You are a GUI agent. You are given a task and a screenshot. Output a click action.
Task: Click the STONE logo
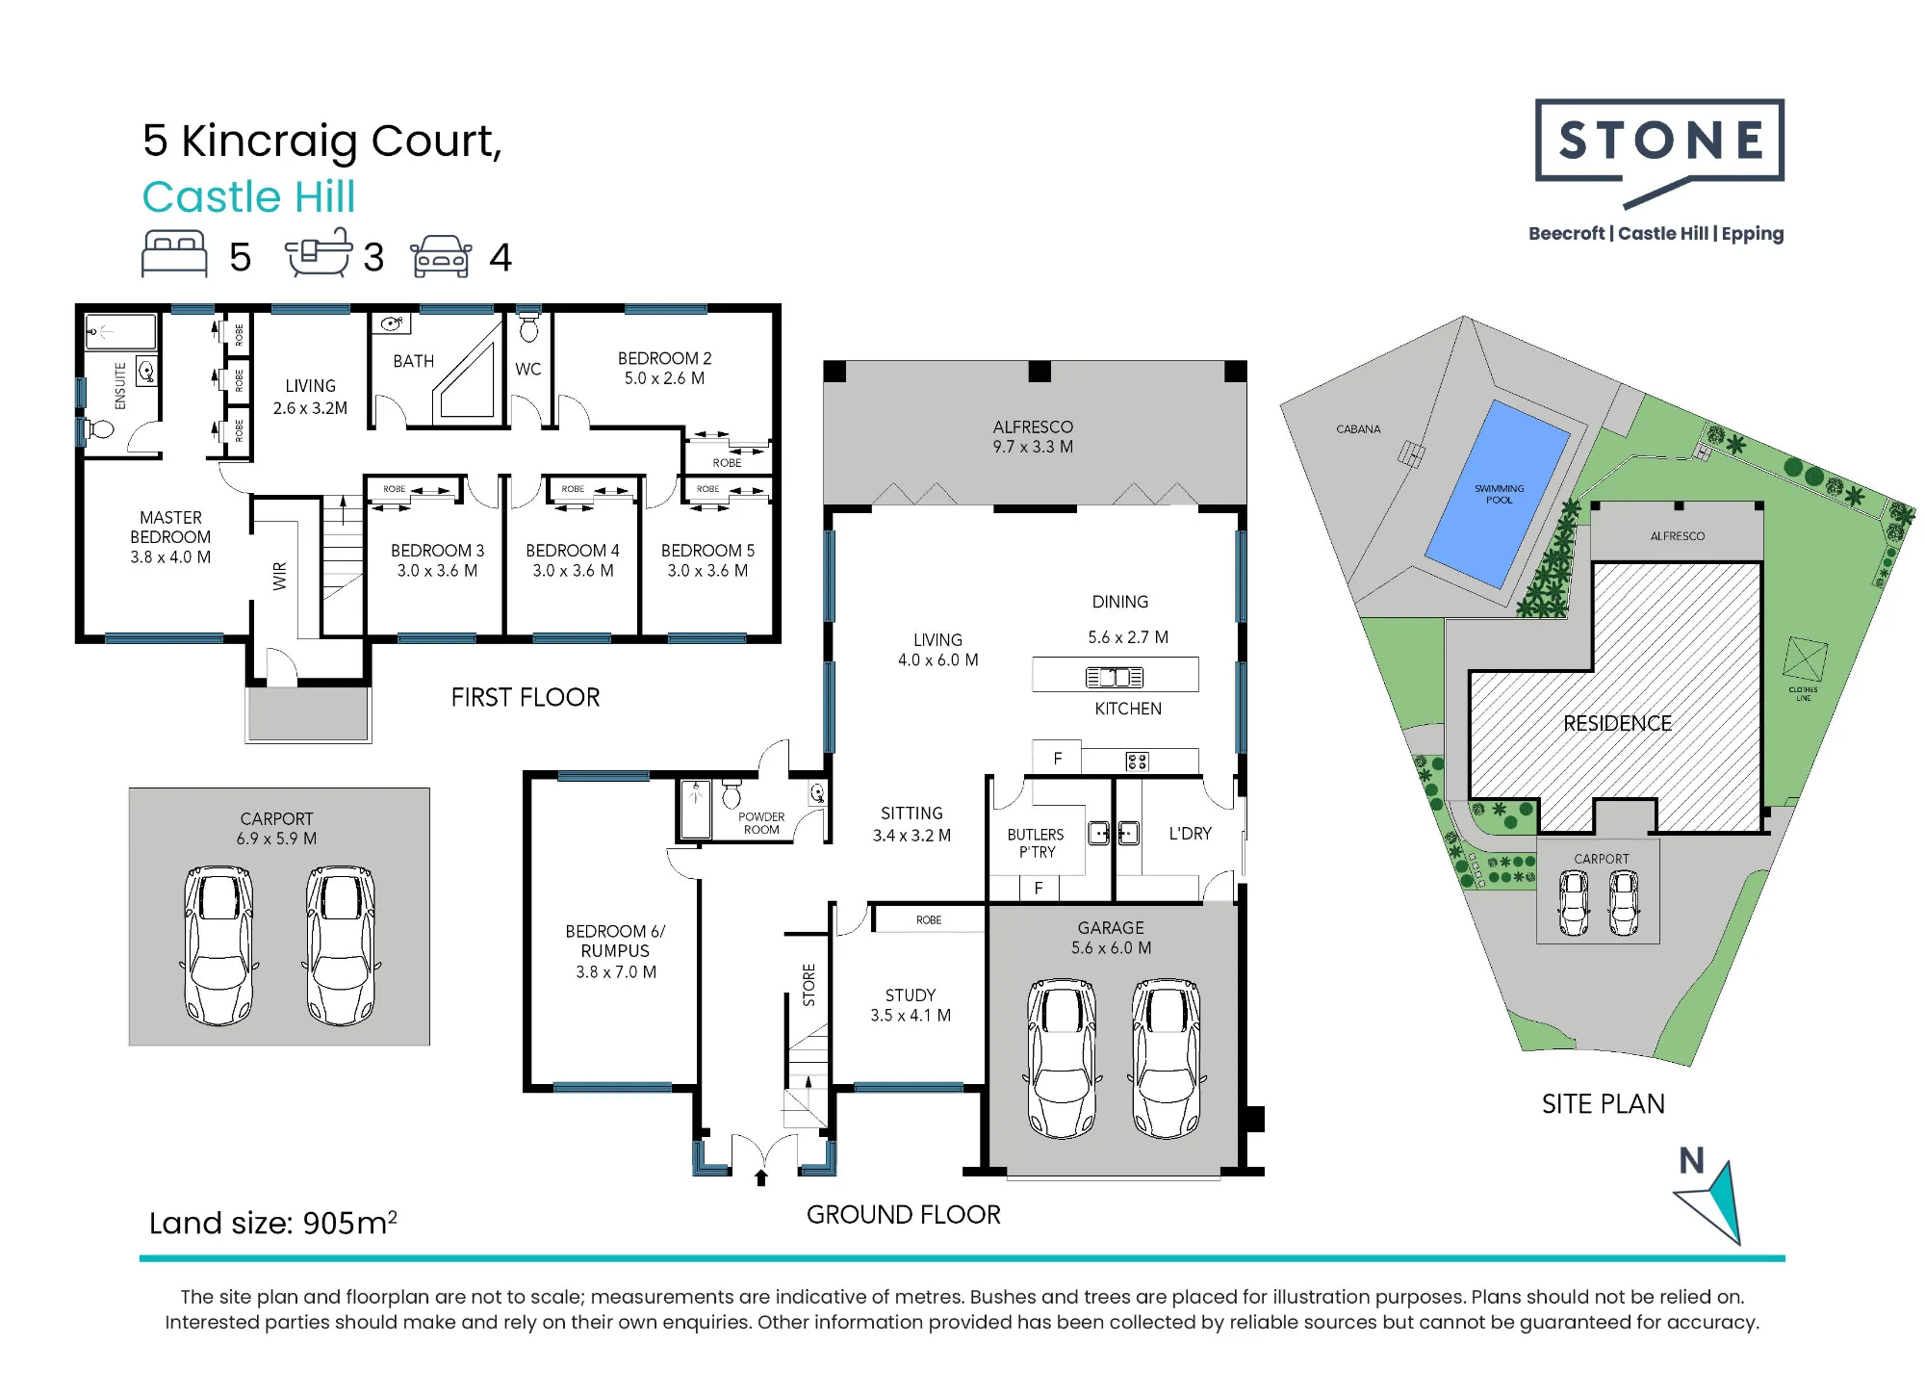coord(1659,152)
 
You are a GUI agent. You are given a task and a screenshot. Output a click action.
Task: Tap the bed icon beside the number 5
coord(174,254)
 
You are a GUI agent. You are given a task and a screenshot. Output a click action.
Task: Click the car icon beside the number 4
coord(441,256)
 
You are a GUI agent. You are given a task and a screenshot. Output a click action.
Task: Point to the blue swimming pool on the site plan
coord(1498,494)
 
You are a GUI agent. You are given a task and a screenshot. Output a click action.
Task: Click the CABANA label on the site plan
coord(1358,429)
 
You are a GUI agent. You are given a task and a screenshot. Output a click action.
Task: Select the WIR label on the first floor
coord(280,576)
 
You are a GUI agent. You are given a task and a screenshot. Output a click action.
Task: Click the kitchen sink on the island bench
coord(1115,677)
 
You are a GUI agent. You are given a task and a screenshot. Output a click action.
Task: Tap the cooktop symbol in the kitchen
coord(1137,762)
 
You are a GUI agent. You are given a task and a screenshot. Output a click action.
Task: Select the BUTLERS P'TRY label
coord(1036,843)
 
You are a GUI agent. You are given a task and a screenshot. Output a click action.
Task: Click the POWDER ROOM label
coord(761,823)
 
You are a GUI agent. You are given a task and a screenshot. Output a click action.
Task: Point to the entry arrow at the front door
coord(761,1176)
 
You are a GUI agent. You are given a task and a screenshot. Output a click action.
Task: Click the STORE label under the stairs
coord(809,985)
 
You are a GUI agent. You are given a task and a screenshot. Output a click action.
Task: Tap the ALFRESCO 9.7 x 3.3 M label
coord(1033,436)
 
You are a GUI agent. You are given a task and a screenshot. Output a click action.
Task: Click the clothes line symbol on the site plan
coord(1805,659)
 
